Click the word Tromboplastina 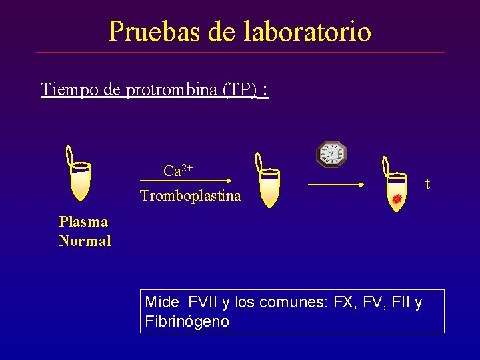(x=191, y=196)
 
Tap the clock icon (x=331, y=154)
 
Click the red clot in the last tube (x=397, y=199)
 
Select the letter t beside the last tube (x=427, y=183)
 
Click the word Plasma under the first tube (x=83, y=221)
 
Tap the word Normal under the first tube (x=85, y=241)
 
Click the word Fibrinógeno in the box (x=187, y=321)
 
